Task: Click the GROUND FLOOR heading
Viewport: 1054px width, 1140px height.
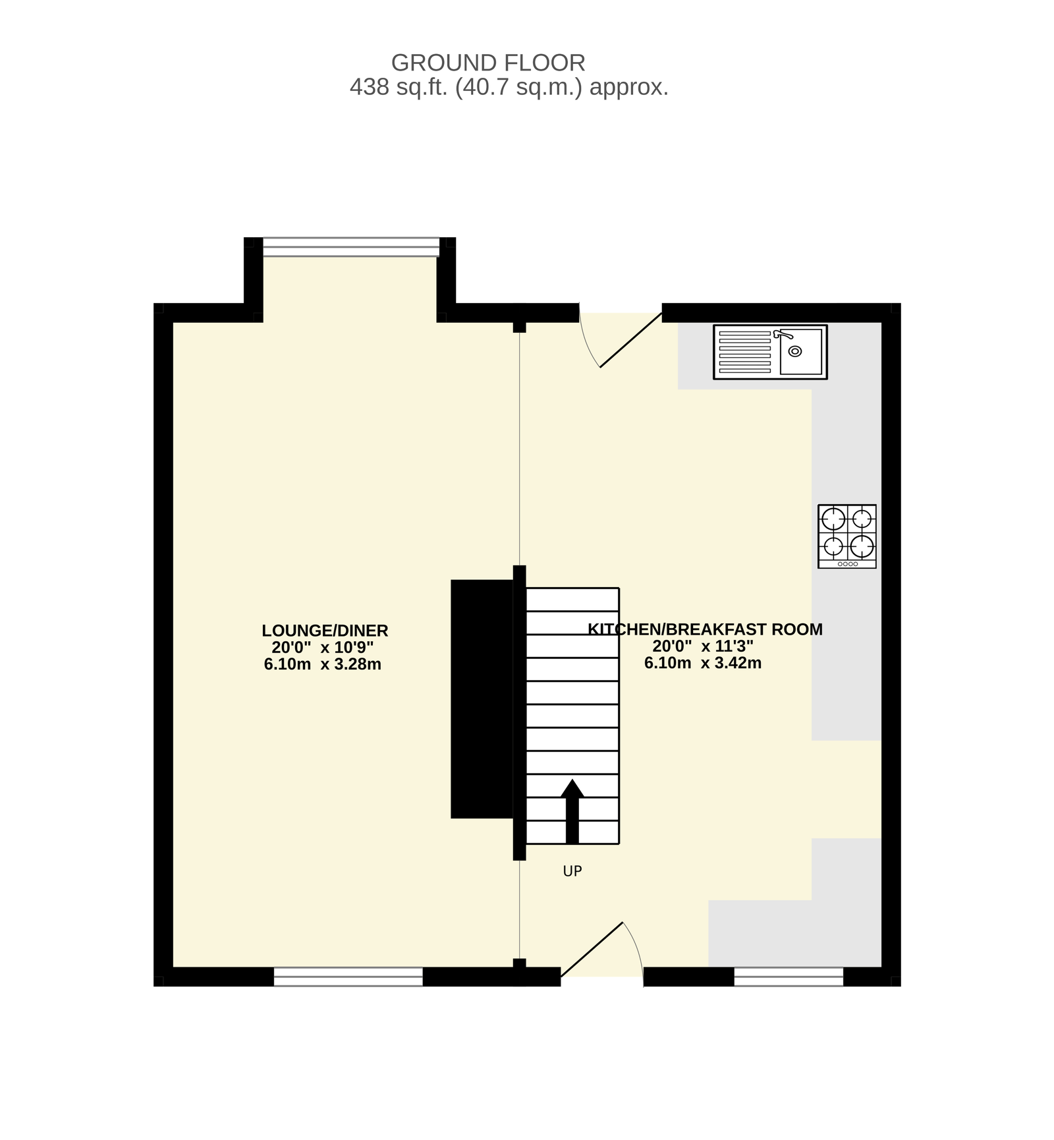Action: pyautogui.click(x=488, y=63)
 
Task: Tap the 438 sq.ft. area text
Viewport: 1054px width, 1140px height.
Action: pyautogui.click(x=509, y=87)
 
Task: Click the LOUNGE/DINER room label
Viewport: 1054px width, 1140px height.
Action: pyautogui.click(x=325, y=631)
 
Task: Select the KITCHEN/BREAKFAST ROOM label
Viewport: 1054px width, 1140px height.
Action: pyautogui.click(x=705, y=629)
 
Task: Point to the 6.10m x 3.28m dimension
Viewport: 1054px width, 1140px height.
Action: pyautogui.click(x=323, y=664)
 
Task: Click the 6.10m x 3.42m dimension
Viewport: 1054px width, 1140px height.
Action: pyautogui.click(x=703, y=663)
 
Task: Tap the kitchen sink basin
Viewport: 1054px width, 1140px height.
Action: pyautogui.click(x=800, y=351)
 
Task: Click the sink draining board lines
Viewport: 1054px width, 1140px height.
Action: pyautogui.click(x=744, y=353)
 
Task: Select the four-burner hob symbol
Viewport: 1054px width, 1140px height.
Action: pyautogui.click(x=847, y=536)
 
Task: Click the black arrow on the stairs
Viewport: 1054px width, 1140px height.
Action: pyautogui.click(x=572, y=811)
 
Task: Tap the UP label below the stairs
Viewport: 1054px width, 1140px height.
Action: pyautogui.click(x=572, y=871)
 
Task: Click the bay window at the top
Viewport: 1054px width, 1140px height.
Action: pyautogui.click(x=350, y=246)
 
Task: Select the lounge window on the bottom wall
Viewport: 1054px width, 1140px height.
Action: pyautogui.click(x=348, y=977)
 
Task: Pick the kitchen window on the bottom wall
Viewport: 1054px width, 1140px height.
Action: pyautogui.click(x=789, y=977)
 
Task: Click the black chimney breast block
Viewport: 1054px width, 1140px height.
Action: pyautogui.click(x=482, y=699)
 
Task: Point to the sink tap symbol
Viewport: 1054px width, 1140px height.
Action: pyautogui.click(x=783, y=335)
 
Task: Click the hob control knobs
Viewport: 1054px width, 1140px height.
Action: pyautogui.click(x=847, y=564)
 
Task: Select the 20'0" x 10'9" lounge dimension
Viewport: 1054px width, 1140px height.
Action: pyautogui.click(x=323, y=648)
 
